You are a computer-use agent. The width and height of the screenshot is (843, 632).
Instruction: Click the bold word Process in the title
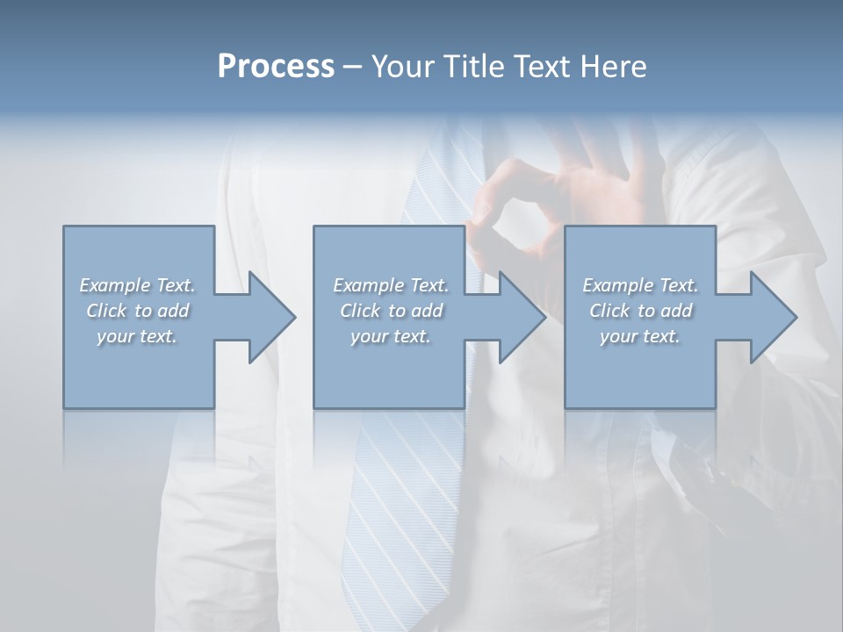pos(276,66)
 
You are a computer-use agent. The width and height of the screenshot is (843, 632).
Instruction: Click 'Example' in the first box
pos(115,285)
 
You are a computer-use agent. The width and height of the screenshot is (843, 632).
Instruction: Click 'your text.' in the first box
pos(137,336)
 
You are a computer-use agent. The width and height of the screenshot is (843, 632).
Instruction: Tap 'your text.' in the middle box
pos(390,336)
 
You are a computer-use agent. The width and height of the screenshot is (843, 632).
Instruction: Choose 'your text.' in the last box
pos(640,336)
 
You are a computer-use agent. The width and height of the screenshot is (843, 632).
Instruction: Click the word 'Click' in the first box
pos(106,311)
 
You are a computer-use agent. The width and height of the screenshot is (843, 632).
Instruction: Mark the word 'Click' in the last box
pos(609,311)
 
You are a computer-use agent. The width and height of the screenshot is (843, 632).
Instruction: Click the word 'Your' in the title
pos(402,66)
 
